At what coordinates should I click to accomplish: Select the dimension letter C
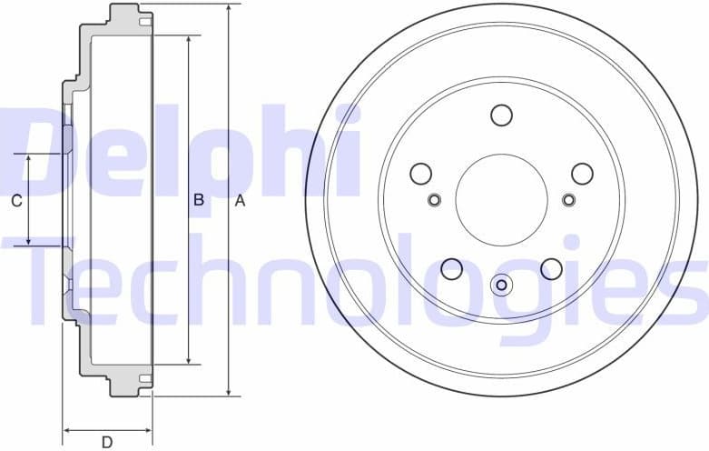tap(15, 201)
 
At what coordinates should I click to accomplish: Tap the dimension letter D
tap(106, 443)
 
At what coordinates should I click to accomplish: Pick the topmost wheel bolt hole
tap(500, 115)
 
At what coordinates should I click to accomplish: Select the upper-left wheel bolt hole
tap(420, 173)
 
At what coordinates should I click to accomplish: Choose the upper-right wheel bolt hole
tap(581, 173)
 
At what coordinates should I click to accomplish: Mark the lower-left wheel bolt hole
tap(451, 268)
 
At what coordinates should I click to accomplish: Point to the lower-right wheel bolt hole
tap(550, 268)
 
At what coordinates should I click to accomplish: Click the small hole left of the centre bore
tap(433, 200)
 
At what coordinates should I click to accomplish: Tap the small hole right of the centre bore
tap(568, 200)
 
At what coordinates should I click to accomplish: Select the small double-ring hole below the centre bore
tap(500, 286)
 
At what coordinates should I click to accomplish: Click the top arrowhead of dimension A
tap(229, 8)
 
